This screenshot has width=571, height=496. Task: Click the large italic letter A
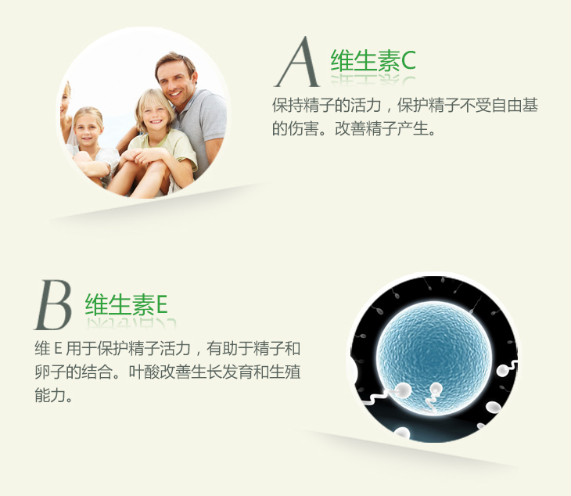pyautogui.click(x=296, y=62)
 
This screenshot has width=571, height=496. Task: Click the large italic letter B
pyautogui.click(x=53, y=305)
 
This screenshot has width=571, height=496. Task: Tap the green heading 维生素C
pyautogui.click(x=373, y=60)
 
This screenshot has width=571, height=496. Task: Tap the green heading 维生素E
pyautogui.click(x=126, y=304)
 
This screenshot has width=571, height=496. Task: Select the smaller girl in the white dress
pyautogui.click(x=91, y=146)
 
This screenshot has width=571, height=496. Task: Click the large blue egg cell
pyautogui.click(x=433, y=358)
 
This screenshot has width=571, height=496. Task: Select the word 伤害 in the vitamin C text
pyautogui.click(x=303, y=128)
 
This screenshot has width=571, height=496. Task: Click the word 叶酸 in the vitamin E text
pyautogui.click(x=144, y=372)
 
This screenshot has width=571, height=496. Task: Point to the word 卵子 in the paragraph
pyautogui.click(x=50, y=372)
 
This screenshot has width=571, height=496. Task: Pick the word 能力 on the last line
pyautogui.click(x=50, y=396)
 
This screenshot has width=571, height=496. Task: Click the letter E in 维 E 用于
pyautogui.click(x=58, y=349)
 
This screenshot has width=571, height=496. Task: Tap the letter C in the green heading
pyautogui.click(x=408, y=61)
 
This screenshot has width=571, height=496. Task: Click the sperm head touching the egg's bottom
pyautogui.click(x=436, y=389)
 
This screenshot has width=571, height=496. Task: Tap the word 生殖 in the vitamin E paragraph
pyautogui.click(x=285, y=372)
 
